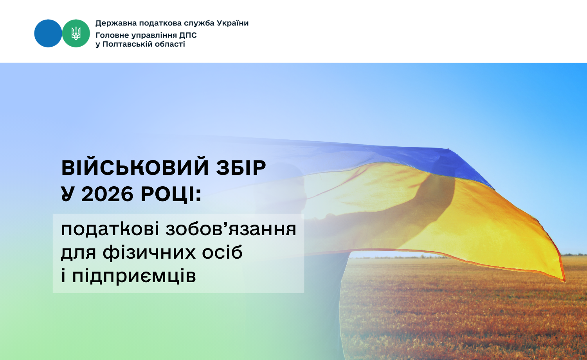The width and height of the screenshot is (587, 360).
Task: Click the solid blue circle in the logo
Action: pyautogui.click(x=48, y=33)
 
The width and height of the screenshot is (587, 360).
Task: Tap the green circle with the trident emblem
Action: pyautogui.click(x=76, y=33)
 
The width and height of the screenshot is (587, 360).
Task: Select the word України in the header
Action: pyautogui.click(x=233, y=23)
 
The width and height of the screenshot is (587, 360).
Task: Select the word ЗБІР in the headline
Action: pyautogui.click(x=241, y=168)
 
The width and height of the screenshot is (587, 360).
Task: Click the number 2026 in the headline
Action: pyautogui.click(x=107, y=194)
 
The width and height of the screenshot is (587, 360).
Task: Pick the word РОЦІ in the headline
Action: pyautogui.click(x=171, y=194)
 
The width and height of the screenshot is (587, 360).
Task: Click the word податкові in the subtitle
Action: pyautogui.click(x=110, y=229)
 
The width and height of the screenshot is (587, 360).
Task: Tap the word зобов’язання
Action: pyautogui.click(x=231, y=229)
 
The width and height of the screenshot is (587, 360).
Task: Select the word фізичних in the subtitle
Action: pyautogui.click(x=149, y=252)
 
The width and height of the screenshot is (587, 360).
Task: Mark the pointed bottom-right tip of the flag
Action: pyautogui.click(x=565, y=281)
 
